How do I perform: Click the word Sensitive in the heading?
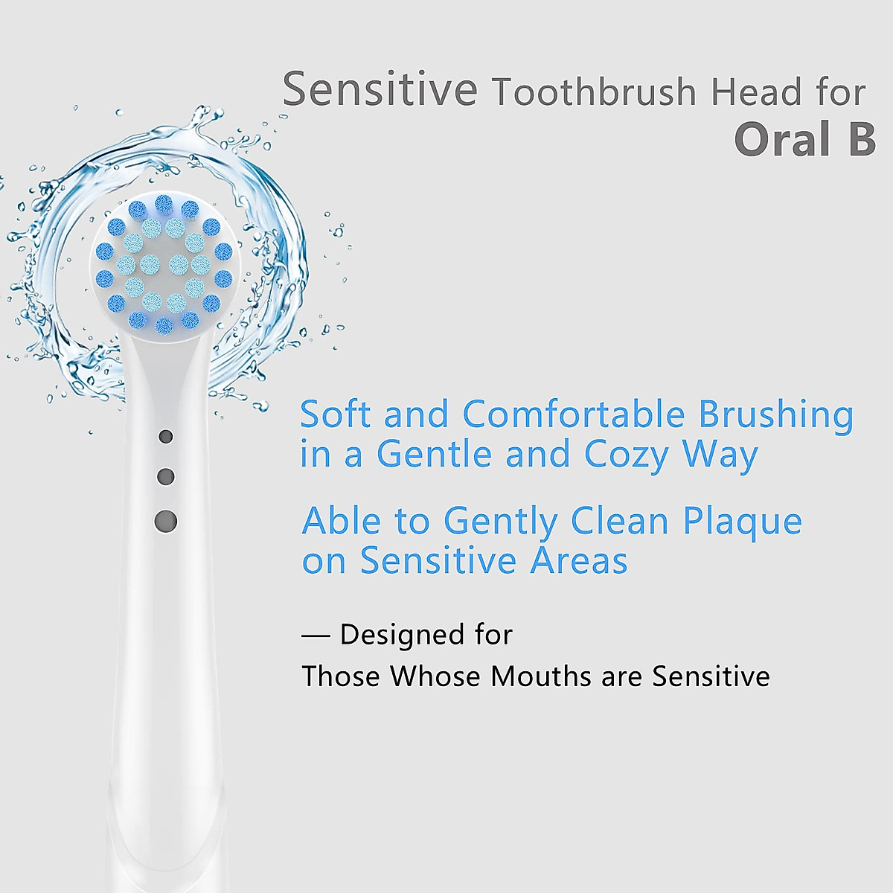pyautogui.click(x=380, y=89)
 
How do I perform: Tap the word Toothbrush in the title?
pyautogui.click(x=595, y=92)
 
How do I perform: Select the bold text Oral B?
pyautogui.click(x=805, y=138)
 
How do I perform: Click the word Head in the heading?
pyautogui.click(x=756, y=92)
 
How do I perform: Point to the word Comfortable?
pyautogui.click(x=574, y=413)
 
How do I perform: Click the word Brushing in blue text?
pyautogui.click(x=776, y=416)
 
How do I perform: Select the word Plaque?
pyautogui.click(x=743, y=522)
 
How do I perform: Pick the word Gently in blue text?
pyautogui.click(x=500, y=522)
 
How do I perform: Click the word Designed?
pyautogui.click(x=402, y=635)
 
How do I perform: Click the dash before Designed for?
pyautogui.click(x=316, y=636)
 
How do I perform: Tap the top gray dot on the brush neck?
pyautogui.click(x=165, y=436)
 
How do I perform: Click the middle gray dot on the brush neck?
pyautogui.click(x=166, y=476)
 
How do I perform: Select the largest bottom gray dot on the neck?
pyautogui.click(x=165, y=521)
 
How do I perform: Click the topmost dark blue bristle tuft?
pyautogui.click(x=164, y=204)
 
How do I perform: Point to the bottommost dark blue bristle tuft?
pyautogui.click(x=164, y=325)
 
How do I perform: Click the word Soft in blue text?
pyautogui.click(x=336, y=413)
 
